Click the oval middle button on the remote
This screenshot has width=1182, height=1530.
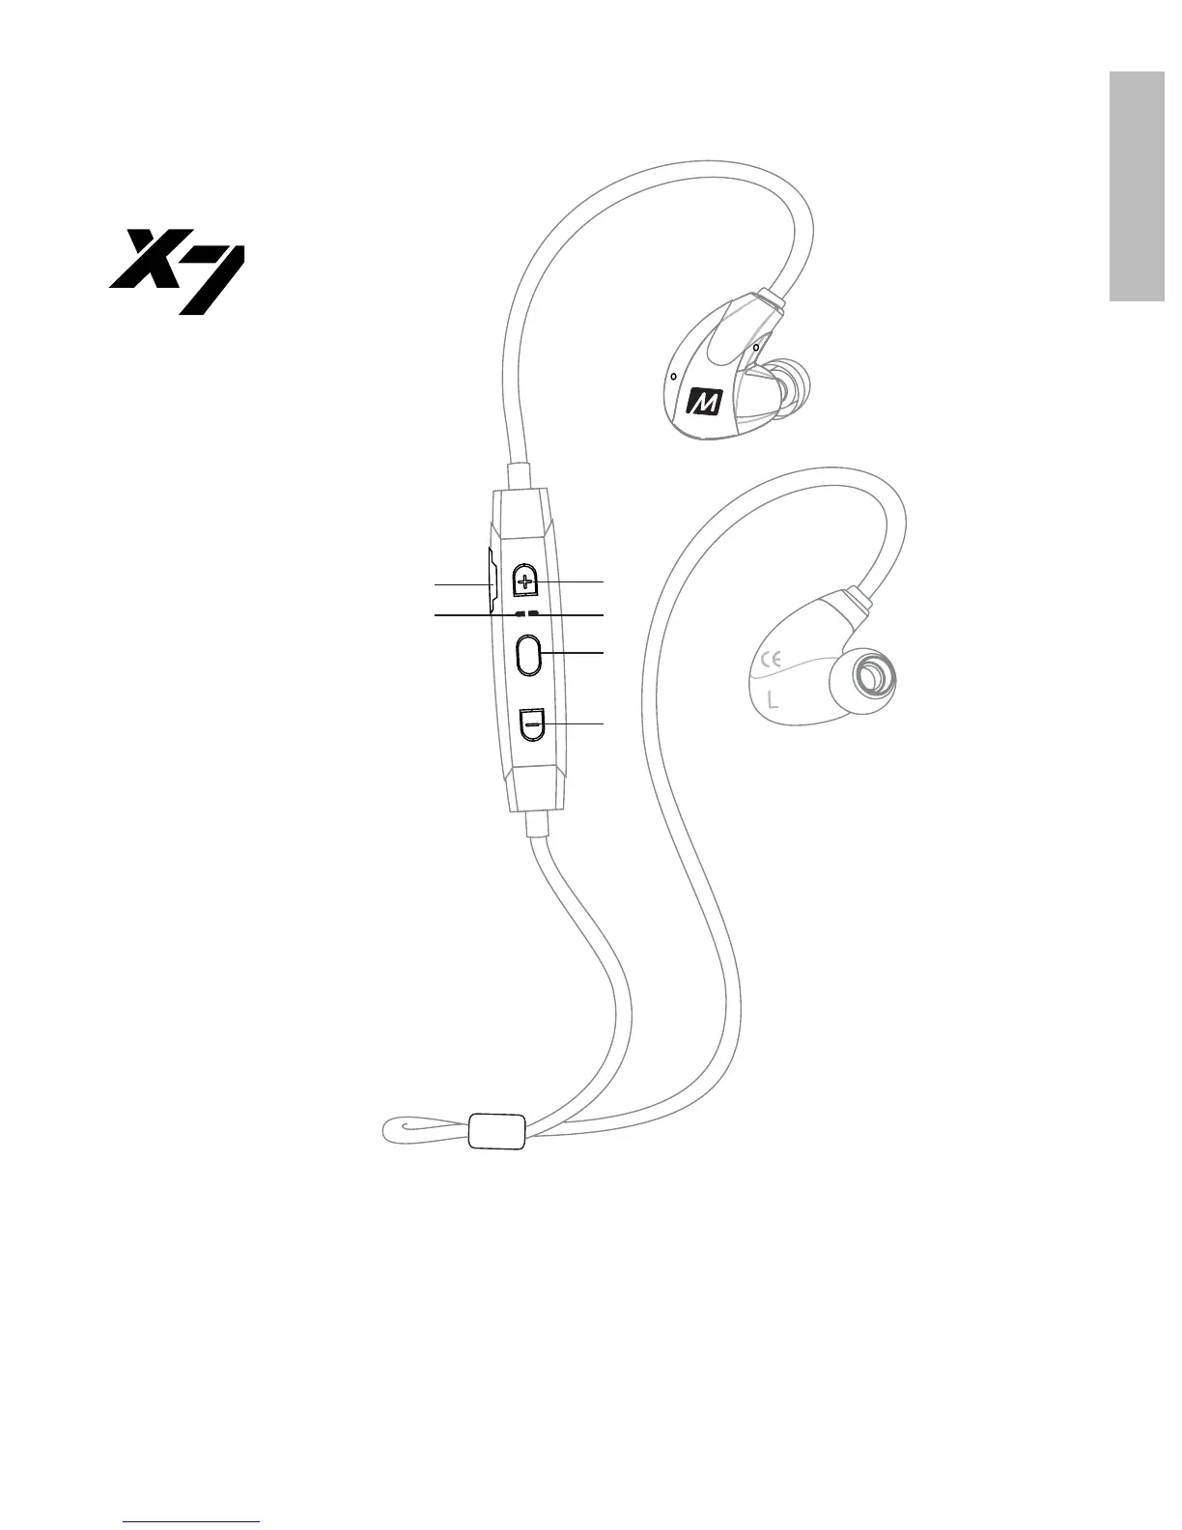529,654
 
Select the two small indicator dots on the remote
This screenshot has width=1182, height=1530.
526,613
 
